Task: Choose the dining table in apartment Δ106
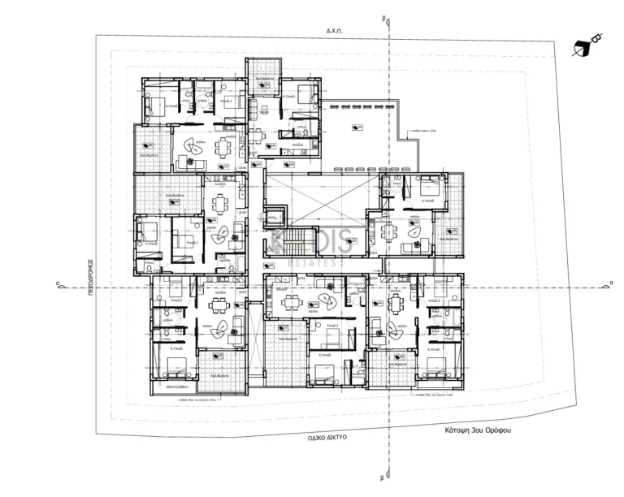click(221, 147)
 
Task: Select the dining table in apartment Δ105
click(220, 203)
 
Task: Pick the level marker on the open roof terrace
click(356, 128)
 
